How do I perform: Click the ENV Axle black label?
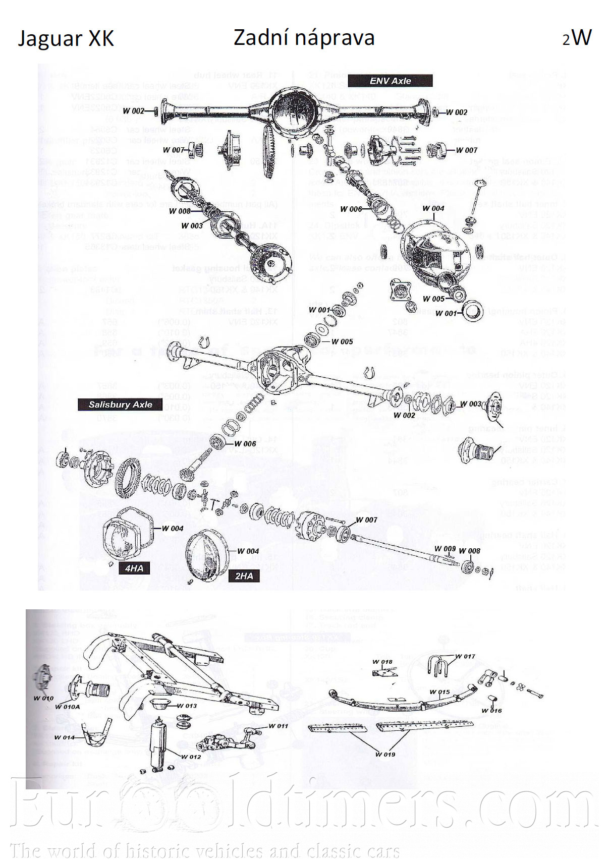390,81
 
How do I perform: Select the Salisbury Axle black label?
120,405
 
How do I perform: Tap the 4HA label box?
134,568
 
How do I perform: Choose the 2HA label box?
244,576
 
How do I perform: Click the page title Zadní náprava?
304,38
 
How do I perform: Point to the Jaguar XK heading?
66,39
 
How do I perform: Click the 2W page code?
577,38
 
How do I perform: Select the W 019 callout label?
385,755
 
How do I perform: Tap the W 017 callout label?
465,656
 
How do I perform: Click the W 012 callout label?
191,757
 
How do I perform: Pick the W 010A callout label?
67,707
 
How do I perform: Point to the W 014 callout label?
64,737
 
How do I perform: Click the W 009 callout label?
445,549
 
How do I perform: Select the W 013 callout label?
187,706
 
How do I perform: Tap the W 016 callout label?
491,711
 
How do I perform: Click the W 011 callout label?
278,726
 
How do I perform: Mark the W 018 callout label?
382,662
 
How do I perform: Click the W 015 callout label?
439,692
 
